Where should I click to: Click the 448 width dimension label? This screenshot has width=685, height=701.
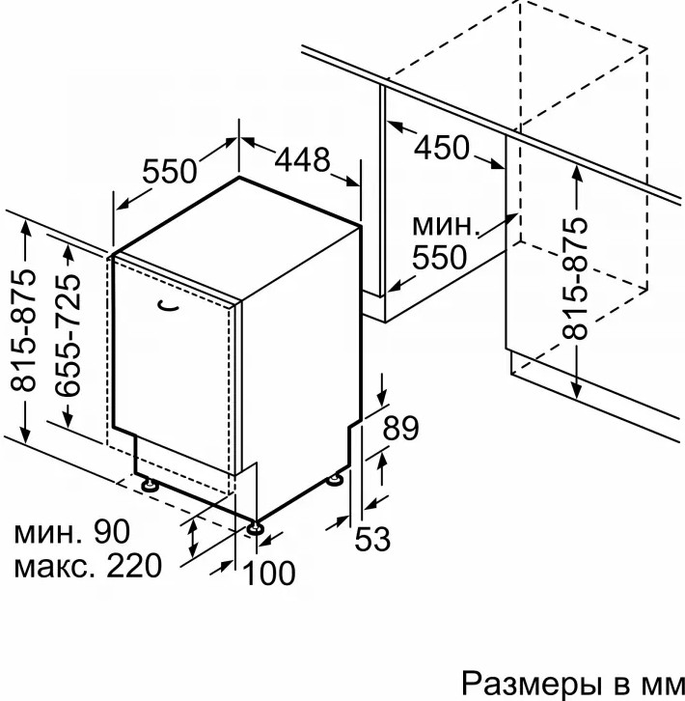[x=303, y=160]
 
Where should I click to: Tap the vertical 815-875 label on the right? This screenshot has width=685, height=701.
[x=575, y=280]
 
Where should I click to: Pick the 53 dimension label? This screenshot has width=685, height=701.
[x=370, y=539]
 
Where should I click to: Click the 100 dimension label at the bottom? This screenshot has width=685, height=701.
[x=268, y=573]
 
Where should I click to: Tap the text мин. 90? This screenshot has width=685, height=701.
[x=71, y=531]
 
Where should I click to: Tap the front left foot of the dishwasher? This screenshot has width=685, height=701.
[x=151, y=484]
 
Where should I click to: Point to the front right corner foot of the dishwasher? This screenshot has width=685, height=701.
[x=256, y=526]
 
